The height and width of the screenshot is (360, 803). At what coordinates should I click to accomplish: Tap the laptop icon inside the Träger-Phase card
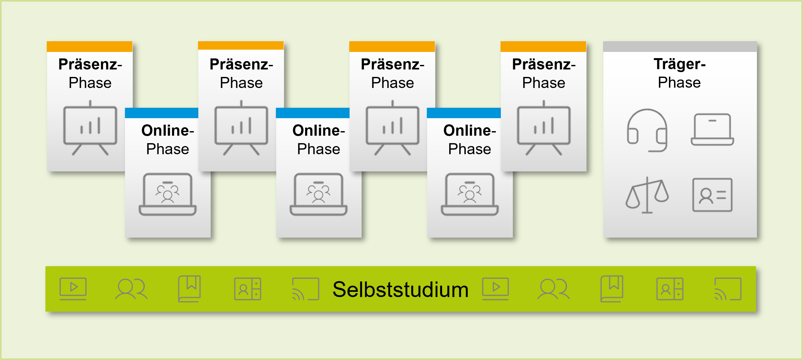[712, 130]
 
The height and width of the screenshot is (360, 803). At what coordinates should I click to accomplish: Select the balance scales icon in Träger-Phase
[647, 195]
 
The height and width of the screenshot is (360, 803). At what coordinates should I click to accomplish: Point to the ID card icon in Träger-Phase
[712, 195]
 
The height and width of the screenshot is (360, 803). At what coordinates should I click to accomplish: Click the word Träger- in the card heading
[679, 64]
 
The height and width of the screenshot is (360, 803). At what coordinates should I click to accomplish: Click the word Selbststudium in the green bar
[401, 289]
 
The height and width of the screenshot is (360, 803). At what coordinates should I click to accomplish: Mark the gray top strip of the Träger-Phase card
[680, 46]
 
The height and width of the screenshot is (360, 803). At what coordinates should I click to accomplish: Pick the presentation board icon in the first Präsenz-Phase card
[90, 128]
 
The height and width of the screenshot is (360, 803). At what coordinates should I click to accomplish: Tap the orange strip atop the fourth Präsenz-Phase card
[543, 46]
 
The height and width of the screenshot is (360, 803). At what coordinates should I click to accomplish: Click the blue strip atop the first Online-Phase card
[161, 113]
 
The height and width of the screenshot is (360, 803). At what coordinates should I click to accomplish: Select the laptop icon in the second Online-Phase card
[318, 194]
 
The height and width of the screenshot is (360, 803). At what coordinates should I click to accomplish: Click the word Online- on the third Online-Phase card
[469, 130]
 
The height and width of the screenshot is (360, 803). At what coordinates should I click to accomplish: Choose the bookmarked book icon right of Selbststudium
[612, 289]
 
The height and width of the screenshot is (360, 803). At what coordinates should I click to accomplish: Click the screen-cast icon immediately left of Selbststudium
[305, 289]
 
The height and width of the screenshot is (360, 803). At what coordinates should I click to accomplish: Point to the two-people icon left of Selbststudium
[131, 289]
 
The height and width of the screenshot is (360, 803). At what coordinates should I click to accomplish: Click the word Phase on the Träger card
[679, 82]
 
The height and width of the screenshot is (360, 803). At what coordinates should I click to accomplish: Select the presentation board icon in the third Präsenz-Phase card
[392, 128]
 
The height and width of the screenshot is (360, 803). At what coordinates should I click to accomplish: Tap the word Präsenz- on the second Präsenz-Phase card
[241, 64]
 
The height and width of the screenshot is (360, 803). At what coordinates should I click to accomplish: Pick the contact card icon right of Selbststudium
[670, 289]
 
